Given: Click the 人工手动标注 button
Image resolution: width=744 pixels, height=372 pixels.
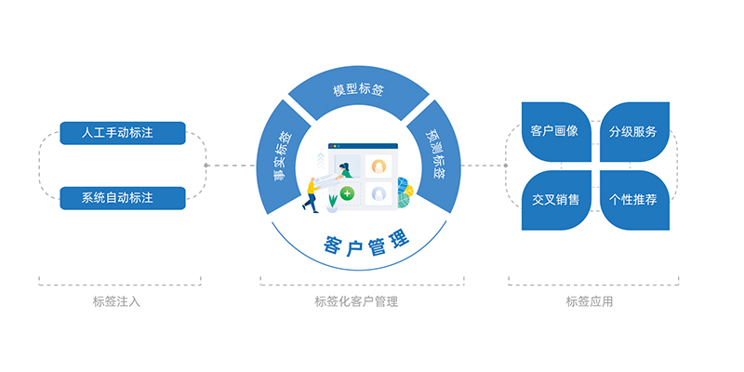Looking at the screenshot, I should coord(123,133).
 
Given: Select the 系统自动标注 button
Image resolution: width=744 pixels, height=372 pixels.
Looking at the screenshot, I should coord(123,198).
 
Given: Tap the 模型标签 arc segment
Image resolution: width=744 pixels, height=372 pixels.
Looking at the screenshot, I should coord(358,91).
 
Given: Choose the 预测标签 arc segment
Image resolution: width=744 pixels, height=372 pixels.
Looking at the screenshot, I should coord(434,154).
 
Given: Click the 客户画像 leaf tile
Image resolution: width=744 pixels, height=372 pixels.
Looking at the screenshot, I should coord(554,131).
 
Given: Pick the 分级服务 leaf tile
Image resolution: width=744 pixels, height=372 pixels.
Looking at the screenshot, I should coord(633,131).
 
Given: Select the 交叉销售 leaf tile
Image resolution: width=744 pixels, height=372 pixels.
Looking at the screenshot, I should coord(554,199).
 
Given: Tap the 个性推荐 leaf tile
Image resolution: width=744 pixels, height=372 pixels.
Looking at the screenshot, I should coord(633,199).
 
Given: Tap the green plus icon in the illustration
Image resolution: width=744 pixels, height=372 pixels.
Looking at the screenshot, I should coord(347,193).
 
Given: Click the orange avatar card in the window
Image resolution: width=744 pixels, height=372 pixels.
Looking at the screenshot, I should coord(379,166).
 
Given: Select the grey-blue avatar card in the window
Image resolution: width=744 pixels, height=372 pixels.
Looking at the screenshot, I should coord(379,193).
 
